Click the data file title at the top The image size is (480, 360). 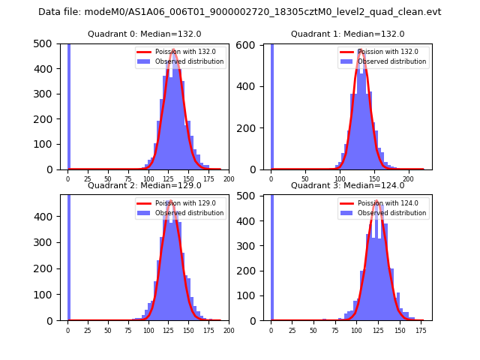240,12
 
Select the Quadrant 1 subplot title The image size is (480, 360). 348,34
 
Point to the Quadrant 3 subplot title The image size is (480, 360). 348,185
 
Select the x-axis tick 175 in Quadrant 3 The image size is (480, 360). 420,329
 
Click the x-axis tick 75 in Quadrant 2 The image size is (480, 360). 128,329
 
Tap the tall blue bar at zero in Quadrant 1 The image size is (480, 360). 271,105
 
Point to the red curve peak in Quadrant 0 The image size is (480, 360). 174,50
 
